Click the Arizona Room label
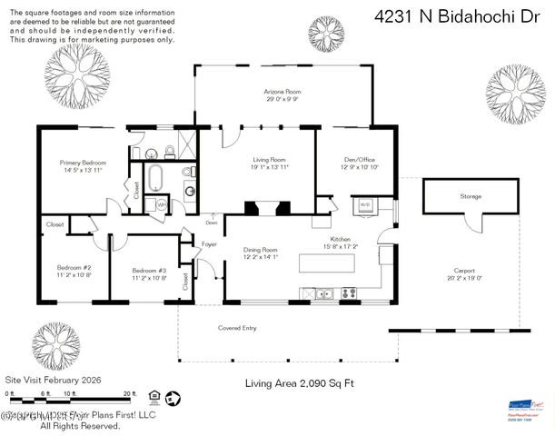[282, 93]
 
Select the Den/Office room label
[356, 159]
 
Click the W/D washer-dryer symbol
[365, 204]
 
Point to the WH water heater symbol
[161, 204]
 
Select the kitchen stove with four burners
[348, 292]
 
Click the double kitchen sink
[322, 292]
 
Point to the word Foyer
[209, 243]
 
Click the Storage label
[471, 196]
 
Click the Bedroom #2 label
[74, 269]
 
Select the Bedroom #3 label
[149, 271]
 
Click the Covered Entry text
[237, 327]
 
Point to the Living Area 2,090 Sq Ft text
[299, 383]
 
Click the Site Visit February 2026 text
[53, 380]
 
